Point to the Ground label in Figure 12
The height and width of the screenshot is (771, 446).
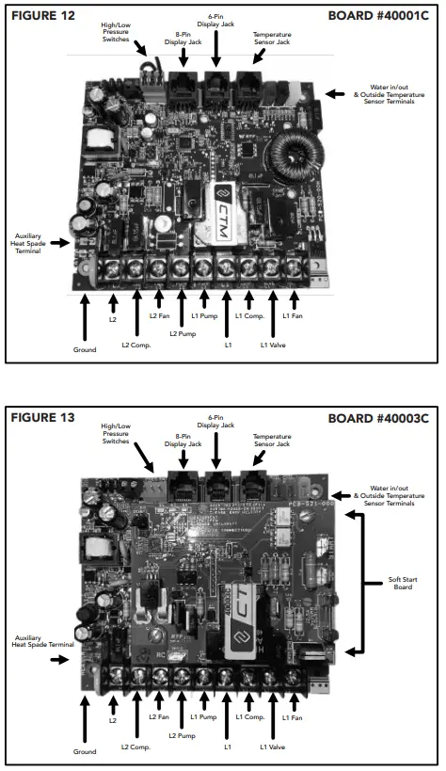click(x=85, y=349)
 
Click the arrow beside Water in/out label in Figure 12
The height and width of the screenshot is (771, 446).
click(x=334, y=93)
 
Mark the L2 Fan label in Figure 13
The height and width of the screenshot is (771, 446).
click(x=158, y=717)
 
